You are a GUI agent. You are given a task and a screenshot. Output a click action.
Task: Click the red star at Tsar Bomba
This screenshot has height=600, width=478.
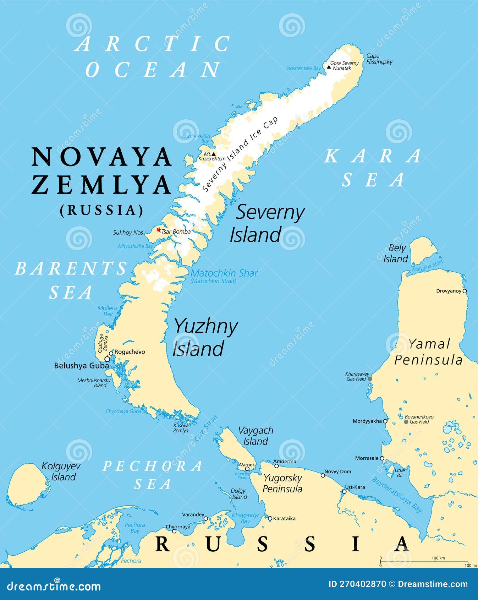(159, 230)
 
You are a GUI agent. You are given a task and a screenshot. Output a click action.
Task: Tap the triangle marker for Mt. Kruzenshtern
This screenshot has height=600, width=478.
(213, 154)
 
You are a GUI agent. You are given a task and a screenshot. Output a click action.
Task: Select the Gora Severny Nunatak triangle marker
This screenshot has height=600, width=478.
(329, 67)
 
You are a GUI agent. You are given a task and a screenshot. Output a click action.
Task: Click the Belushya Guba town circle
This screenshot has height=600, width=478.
(107, 359)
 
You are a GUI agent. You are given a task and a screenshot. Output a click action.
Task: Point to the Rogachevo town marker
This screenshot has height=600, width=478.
(111, 353)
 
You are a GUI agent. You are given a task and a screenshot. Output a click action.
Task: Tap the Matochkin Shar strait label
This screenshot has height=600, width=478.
(224, 273)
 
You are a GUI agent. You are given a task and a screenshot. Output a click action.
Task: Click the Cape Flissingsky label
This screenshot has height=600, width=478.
(379, 59)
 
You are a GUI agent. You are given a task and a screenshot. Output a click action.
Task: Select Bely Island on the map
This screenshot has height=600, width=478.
(423, 250)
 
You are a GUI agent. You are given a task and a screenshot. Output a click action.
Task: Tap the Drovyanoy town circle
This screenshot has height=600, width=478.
(465, 291)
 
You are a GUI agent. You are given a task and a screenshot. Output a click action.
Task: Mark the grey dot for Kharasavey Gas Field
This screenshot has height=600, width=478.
(370, 379)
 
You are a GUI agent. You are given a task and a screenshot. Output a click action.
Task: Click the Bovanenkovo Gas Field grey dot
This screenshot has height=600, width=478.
(406, 422)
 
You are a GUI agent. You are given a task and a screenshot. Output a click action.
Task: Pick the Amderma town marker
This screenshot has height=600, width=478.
(276, 466)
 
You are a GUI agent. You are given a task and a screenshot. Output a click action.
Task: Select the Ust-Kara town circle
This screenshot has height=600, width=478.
(344, 492)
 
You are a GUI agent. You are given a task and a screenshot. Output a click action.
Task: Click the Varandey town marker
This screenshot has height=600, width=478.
(205, 519)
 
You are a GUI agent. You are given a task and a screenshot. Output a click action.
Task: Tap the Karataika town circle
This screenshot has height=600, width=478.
(270, 518)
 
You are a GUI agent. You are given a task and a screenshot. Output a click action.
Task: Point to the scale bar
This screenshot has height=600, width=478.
(424, 562)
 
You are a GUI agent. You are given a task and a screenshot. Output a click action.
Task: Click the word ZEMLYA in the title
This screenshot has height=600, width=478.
(101, 185)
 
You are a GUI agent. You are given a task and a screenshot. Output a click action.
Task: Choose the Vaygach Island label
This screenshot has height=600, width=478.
(256, 436)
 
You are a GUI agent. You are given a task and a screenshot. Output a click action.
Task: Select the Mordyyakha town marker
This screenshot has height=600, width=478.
(385, 421)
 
